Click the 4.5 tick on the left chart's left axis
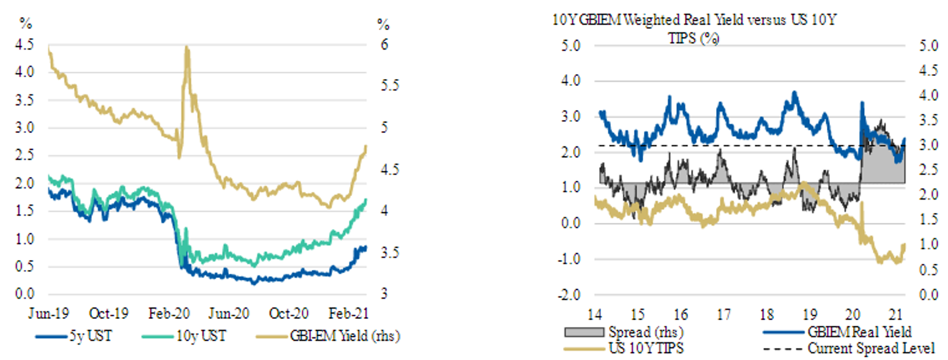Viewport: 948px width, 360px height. (x=28, y=45)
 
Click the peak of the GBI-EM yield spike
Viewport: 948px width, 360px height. (x=187, y=48)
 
